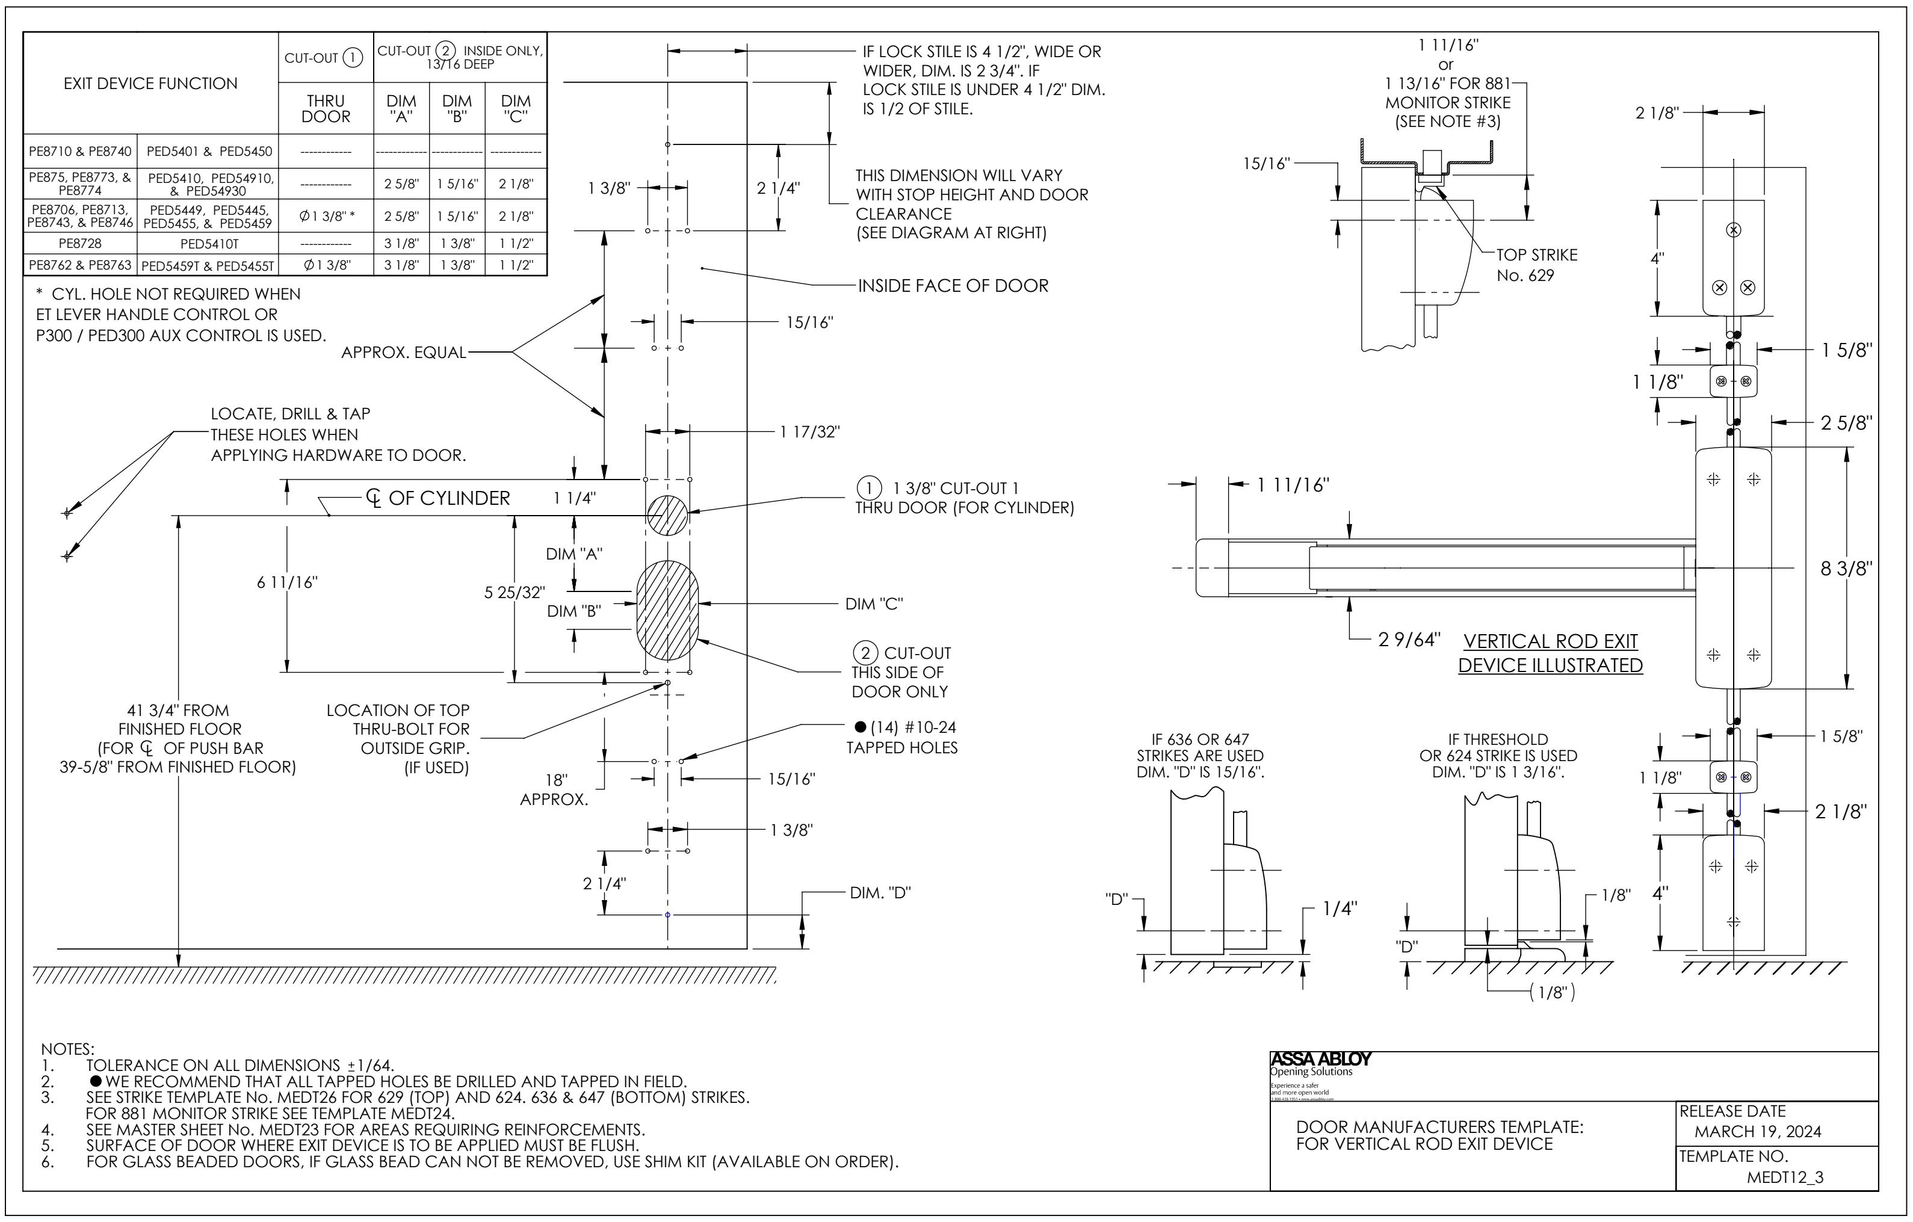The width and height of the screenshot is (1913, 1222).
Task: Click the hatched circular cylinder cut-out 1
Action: [x=667, y=515]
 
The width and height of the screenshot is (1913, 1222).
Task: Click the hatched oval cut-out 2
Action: [x=667, y=610]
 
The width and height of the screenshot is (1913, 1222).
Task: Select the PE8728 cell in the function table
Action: [x=80, y=243]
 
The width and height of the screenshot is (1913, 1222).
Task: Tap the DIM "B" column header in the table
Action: [x=457, y=108]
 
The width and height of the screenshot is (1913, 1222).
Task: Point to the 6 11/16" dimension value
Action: [x=287, y=582]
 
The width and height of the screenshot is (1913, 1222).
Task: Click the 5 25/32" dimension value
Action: [x=515, y=592]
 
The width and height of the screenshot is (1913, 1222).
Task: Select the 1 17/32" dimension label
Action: [x=809, y=431]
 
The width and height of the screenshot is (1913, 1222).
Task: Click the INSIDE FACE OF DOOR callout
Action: [x=953, y=285]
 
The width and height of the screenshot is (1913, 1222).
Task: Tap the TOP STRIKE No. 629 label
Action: [x=1536, y=265]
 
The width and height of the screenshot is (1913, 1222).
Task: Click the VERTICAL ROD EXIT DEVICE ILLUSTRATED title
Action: [x=1550, y=653]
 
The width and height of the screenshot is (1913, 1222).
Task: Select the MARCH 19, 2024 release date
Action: [x=1757, y=1131]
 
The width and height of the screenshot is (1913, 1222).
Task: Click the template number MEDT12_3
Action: [x=1784, y=1177]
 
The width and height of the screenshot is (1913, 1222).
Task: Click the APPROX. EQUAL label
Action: [x=404, y=353]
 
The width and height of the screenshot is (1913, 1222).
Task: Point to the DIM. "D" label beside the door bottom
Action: [x=880, y=892]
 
